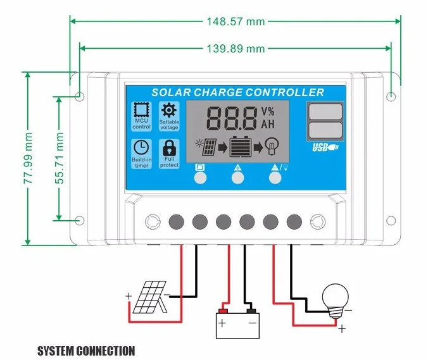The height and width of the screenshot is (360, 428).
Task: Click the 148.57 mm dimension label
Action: tap(236, 22)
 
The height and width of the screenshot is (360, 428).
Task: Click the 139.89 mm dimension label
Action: tap(236, 49)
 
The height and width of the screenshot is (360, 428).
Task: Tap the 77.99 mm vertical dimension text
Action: tap(28, 158)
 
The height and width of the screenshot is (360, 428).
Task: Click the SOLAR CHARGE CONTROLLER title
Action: tap(237, 92)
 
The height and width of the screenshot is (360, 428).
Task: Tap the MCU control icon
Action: tap(141, 116)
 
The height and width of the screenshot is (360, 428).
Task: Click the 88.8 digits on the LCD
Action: tap(231, 118)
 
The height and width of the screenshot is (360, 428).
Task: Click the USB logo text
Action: tap(325, 149)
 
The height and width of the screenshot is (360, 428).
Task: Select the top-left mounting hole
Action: tap(80, 96)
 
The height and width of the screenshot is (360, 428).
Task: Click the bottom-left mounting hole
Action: tap(80, 220)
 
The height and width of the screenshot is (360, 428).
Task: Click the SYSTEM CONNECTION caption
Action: tap(86, 351)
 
